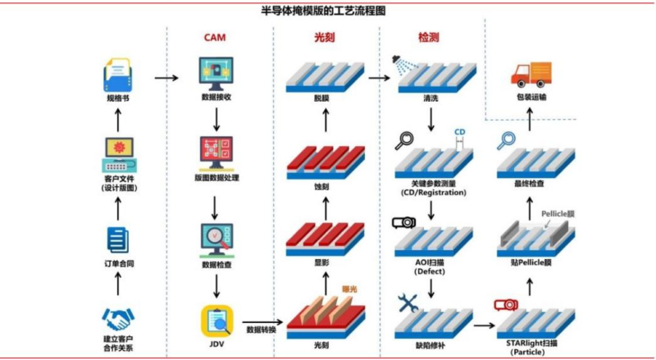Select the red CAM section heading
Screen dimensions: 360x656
[215, 38]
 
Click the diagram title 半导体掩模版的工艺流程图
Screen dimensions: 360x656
[328, 11]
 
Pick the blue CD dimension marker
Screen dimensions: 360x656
[459, 133]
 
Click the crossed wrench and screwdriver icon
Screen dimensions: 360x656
[408, 303]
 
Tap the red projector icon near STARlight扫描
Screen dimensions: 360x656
[505, 305]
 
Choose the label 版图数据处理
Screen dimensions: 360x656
[216, 177]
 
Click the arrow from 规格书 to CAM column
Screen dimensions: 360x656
[166, 79]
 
